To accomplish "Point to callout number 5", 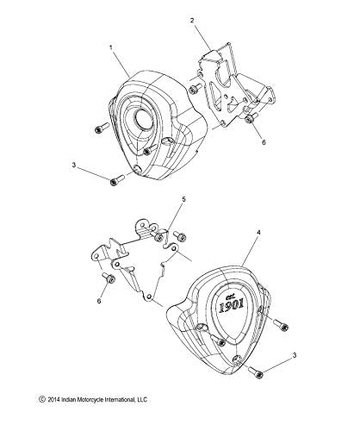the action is (183, 223).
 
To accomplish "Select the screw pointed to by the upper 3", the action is (114, 179).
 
